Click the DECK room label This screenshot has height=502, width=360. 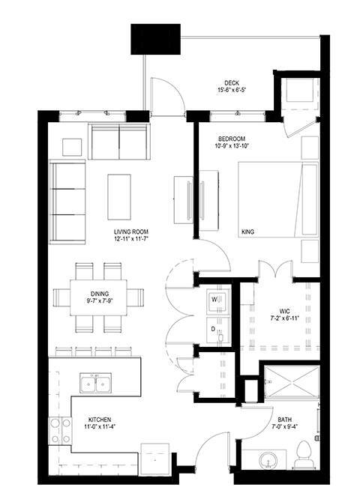click(232, 83)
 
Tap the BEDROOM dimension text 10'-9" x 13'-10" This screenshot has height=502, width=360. click(232, 146)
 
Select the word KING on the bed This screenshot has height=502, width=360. click(247, 232)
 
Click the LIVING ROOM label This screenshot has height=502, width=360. click(131, 232)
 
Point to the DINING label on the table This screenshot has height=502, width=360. click(100, 294)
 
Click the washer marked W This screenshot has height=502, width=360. click(218, 300)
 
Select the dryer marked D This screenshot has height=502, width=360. click(218, 330)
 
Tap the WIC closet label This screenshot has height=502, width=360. click(284, 311)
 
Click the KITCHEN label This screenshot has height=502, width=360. click(100, 420)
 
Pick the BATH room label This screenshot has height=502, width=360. click(285, 420)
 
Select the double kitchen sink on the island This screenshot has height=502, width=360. click(95, 383)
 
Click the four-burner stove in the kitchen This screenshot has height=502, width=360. click(60, 431)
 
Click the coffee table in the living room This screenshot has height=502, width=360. click(119, 197)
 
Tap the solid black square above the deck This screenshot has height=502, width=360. click(155, 39)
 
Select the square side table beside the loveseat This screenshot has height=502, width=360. click(72, 147)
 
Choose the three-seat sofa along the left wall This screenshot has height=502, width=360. click(67, 202)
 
